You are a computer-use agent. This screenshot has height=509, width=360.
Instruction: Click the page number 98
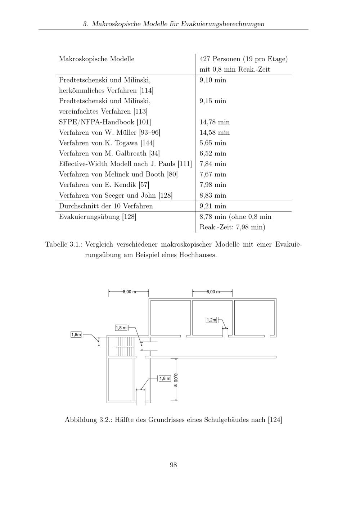point(173,465)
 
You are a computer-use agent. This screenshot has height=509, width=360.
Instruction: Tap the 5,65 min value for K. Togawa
point(213,143)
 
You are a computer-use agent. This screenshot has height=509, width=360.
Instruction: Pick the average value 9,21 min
point(213,206)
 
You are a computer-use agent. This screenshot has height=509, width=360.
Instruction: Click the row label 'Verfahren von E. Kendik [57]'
point(104,185)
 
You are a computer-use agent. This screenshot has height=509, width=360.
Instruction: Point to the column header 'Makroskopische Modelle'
point(96,59)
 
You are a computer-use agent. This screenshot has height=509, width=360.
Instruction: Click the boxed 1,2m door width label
point(211,320)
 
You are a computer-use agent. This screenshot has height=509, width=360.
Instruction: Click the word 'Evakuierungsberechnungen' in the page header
point(222,24)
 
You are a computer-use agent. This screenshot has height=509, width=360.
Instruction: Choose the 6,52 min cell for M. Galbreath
point(213,153)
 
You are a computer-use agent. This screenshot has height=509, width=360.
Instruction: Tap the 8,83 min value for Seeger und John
point(213,195)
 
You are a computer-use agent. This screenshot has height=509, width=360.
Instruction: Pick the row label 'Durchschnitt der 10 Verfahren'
point(106,206)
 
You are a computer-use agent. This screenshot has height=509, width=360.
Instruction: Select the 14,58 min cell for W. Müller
point(214,132)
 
